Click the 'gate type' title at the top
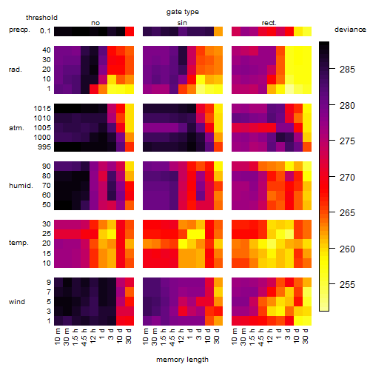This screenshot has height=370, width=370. (x=183, y=12)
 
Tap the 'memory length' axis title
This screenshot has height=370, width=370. (x=182, y=360)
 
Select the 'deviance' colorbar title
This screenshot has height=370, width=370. (x=350, y=30)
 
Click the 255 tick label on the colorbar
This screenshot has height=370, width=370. (x=347, y=285)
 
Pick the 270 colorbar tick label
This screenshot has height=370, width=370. (x=347, y=177)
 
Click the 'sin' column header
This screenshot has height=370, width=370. (x=182, y=23)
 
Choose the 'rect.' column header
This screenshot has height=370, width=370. (x=269, y=23)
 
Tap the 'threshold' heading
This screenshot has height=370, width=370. (x=41, y=18)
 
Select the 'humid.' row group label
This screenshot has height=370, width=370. (x=21, y=186)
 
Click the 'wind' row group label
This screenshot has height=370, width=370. (x=17, y=302)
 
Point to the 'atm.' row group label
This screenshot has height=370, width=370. (x=16, y=128)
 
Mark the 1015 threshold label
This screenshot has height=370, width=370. (x=42, y=109)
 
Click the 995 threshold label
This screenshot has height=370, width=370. (x=44, y=147)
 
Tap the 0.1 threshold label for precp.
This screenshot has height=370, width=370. (x=45, y=31)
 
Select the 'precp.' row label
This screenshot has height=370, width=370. (x=19, y=30)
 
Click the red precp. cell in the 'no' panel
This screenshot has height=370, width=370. (x=129, y=31)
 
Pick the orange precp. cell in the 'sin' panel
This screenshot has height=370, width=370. (x=218, y=31)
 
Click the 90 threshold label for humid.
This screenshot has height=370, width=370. (x=47, y=166)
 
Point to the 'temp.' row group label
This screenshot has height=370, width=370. (x=18, y=243)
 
